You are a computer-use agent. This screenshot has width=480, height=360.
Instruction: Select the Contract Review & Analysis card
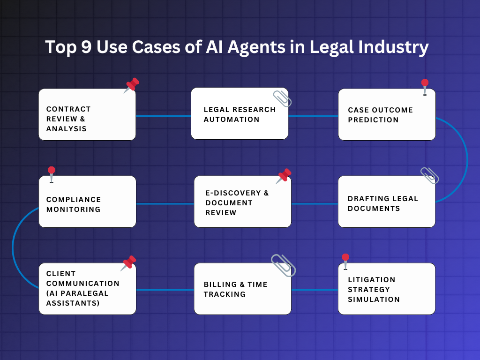coord(87,115)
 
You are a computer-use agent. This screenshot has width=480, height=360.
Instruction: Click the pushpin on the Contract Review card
coord(132,85)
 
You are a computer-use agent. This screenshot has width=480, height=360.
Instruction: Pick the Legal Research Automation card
coord(240,114)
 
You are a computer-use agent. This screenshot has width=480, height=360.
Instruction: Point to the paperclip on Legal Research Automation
coord(283,98)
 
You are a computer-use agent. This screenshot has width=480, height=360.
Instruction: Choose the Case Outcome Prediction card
coord(387,115)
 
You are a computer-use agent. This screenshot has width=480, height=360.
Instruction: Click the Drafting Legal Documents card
coord(387,202)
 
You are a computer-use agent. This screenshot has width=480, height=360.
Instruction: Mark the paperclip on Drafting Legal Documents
coord(429,175)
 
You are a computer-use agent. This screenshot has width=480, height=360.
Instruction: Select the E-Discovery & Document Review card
coord(242,202)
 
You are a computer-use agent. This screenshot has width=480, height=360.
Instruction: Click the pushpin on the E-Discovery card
coord(283,176)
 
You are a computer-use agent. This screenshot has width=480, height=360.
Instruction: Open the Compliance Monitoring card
coord(87,202)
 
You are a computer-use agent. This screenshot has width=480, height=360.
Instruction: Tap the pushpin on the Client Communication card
coord(128,263)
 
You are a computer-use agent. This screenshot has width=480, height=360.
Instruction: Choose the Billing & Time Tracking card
coord(242,289)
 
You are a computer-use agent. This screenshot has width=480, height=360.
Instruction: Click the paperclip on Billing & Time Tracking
coord(284,265)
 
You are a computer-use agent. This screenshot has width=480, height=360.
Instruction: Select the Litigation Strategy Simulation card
coord(387,289)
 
